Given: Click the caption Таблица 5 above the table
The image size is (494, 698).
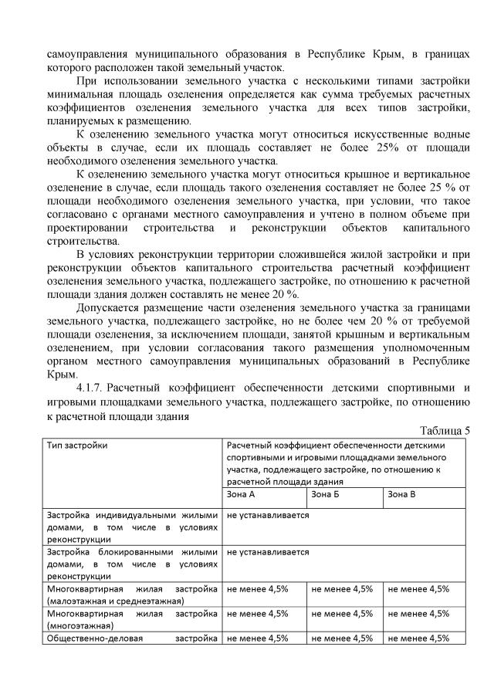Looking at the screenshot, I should tap(445, 430).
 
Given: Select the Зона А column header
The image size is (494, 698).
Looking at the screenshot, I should tap(241, 493).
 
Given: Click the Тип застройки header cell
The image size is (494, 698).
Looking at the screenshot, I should tap(76, 446).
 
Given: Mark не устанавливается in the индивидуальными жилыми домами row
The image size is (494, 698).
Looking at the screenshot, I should tap(268, 514).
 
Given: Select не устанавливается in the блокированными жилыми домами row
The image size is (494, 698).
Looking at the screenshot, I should tap(268, 552).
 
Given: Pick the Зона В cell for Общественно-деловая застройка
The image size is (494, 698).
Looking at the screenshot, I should tap(419, 638).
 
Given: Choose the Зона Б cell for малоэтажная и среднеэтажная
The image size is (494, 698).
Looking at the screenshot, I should tap(342, 588).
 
